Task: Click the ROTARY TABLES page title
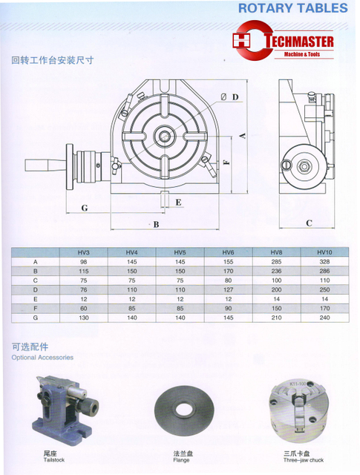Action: coord(292,8)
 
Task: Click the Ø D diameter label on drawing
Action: coord(229,96)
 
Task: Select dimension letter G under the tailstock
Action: coord(85,208)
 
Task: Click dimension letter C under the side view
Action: coord(309,222)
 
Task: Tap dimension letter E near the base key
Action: coord(177,201)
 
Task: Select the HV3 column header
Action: coord(83,252)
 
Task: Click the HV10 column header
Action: coord(323,252)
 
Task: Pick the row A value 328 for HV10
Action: coord(323,262)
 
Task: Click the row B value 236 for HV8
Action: coord(275,272)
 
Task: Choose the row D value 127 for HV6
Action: coord(228,290)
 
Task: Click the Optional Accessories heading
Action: coord(42,357)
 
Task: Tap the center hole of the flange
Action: coord(180,410)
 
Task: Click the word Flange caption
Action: coord(180,459)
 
